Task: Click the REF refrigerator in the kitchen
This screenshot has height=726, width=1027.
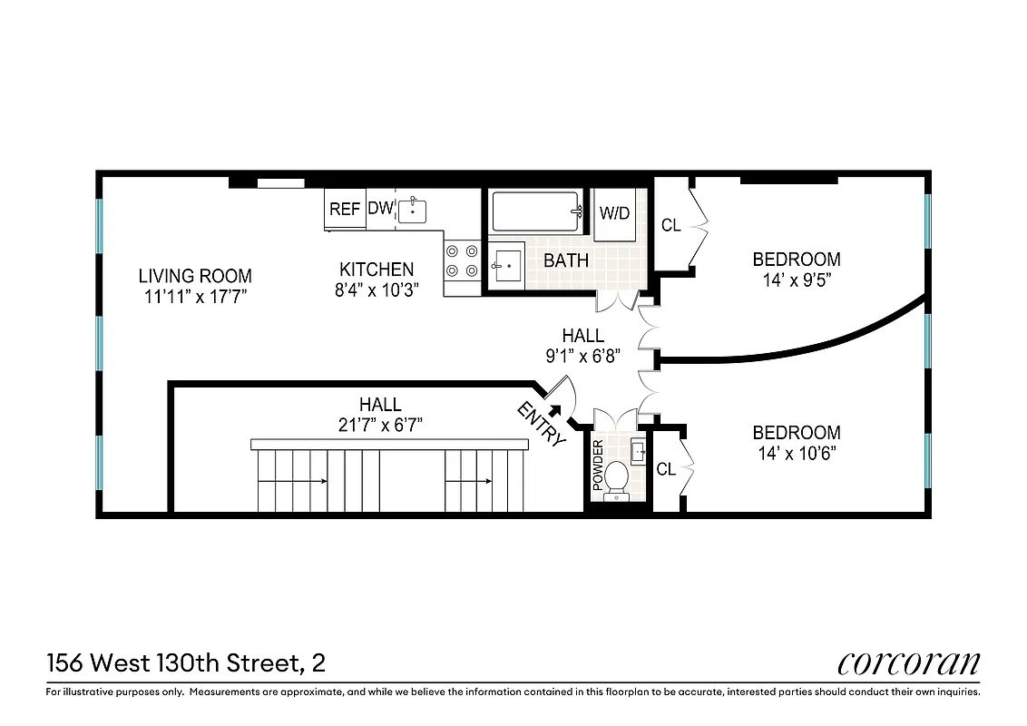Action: tap(345, 209)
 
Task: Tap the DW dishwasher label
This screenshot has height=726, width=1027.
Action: tap(380, 209)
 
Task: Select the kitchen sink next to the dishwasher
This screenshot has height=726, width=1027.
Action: tap(413, 210)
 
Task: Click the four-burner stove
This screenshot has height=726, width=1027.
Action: tap(462, 260)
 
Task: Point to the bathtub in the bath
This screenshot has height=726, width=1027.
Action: tap(536, 211)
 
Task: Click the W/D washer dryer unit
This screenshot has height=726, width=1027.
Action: tap(614, 214)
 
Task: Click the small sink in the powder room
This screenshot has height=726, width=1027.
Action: tap(638, 447)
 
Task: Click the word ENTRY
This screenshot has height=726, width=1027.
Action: tap(541, 424)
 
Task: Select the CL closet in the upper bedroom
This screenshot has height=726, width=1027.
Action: tap(670, 225)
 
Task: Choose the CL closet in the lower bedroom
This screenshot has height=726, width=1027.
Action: tap(666, 469)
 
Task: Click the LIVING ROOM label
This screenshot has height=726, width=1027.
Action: tap(195, 276)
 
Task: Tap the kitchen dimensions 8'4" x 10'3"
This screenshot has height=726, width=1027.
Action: tap(377, 293)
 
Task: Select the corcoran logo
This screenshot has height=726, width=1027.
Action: tap(908, 663)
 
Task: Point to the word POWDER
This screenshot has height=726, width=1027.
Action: tap(598, 466)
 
